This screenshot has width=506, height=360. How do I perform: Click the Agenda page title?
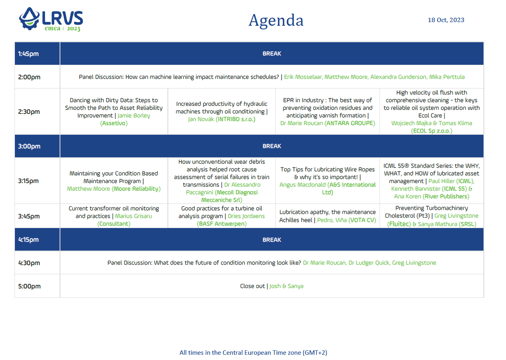(276, 20)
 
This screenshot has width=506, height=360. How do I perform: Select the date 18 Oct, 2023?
(446, 20)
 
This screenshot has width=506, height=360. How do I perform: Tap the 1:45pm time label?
(29, 53)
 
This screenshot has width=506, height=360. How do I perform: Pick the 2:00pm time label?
(29, 77)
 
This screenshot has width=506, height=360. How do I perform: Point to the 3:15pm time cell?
(29, 181)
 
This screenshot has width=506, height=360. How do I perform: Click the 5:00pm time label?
(29, 286)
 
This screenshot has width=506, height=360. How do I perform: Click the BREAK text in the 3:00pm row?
(272, 146)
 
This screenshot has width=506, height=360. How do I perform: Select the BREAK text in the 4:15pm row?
(272, 240)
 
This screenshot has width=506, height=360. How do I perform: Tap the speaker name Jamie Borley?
(134, 116)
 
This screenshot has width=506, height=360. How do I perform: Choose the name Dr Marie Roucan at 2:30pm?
(302, 123)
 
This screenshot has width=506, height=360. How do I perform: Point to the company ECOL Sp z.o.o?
(432, 131)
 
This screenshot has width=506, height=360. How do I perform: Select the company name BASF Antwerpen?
(221, 224)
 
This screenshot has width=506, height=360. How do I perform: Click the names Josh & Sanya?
(286, 286)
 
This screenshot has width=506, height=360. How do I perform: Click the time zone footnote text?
(253, 353)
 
